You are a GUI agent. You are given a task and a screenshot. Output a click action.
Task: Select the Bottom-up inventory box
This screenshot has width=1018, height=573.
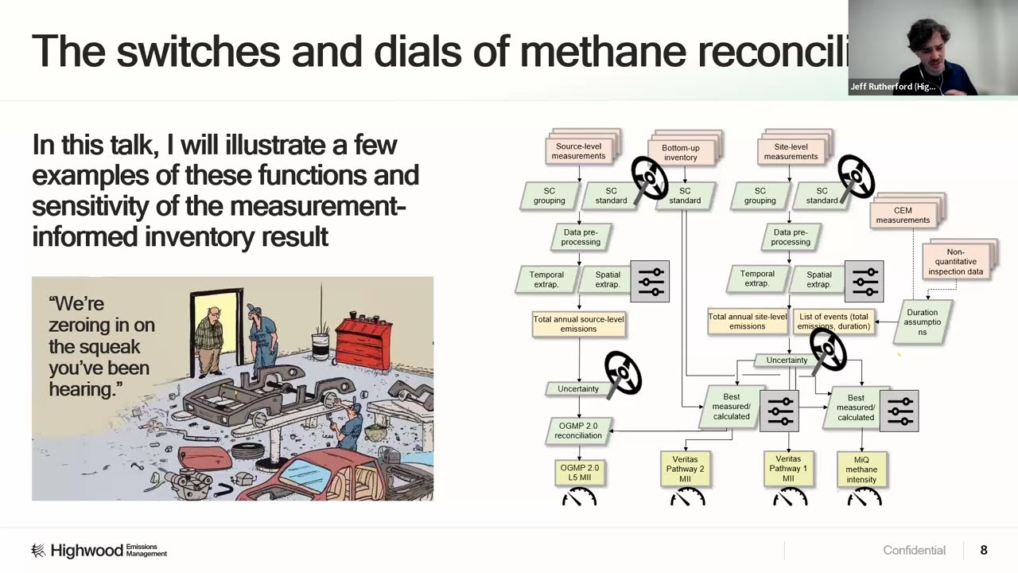[680, 153]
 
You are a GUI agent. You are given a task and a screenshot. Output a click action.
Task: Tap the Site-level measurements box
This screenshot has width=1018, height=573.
[791, 151]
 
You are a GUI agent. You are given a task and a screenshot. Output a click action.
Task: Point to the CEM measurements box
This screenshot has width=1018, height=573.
[903, 216]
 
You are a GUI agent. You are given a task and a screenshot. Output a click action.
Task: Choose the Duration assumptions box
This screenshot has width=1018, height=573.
[922, 322]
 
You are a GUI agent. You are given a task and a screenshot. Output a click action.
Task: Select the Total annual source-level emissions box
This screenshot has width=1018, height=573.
[578, 324]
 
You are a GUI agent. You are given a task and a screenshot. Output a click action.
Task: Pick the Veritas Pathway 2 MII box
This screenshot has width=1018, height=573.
[685, 470]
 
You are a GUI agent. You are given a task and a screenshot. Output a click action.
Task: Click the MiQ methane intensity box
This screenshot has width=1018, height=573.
[861, 470]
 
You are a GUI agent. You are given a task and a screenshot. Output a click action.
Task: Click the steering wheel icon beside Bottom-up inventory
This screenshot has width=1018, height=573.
[650, 177]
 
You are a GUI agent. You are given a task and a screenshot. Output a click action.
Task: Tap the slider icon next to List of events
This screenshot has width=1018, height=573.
[864, 281]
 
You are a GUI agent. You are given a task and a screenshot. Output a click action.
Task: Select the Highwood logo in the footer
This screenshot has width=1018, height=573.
[99, 551]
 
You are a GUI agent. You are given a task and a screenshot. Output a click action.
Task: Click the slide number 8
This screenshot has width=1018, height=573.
[984, 550]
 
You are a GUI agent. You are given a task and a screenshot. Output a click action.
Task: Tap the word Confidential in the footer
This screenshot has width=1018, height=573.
[914, 551]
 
